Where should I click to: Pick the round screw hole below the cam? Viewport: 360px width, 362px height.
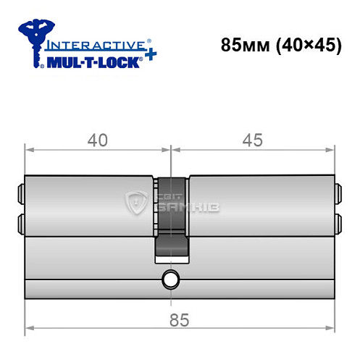(x=171, y=279)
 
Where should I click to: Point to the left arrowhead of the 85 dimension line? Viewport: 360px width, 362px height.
(x=29, y=332)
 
